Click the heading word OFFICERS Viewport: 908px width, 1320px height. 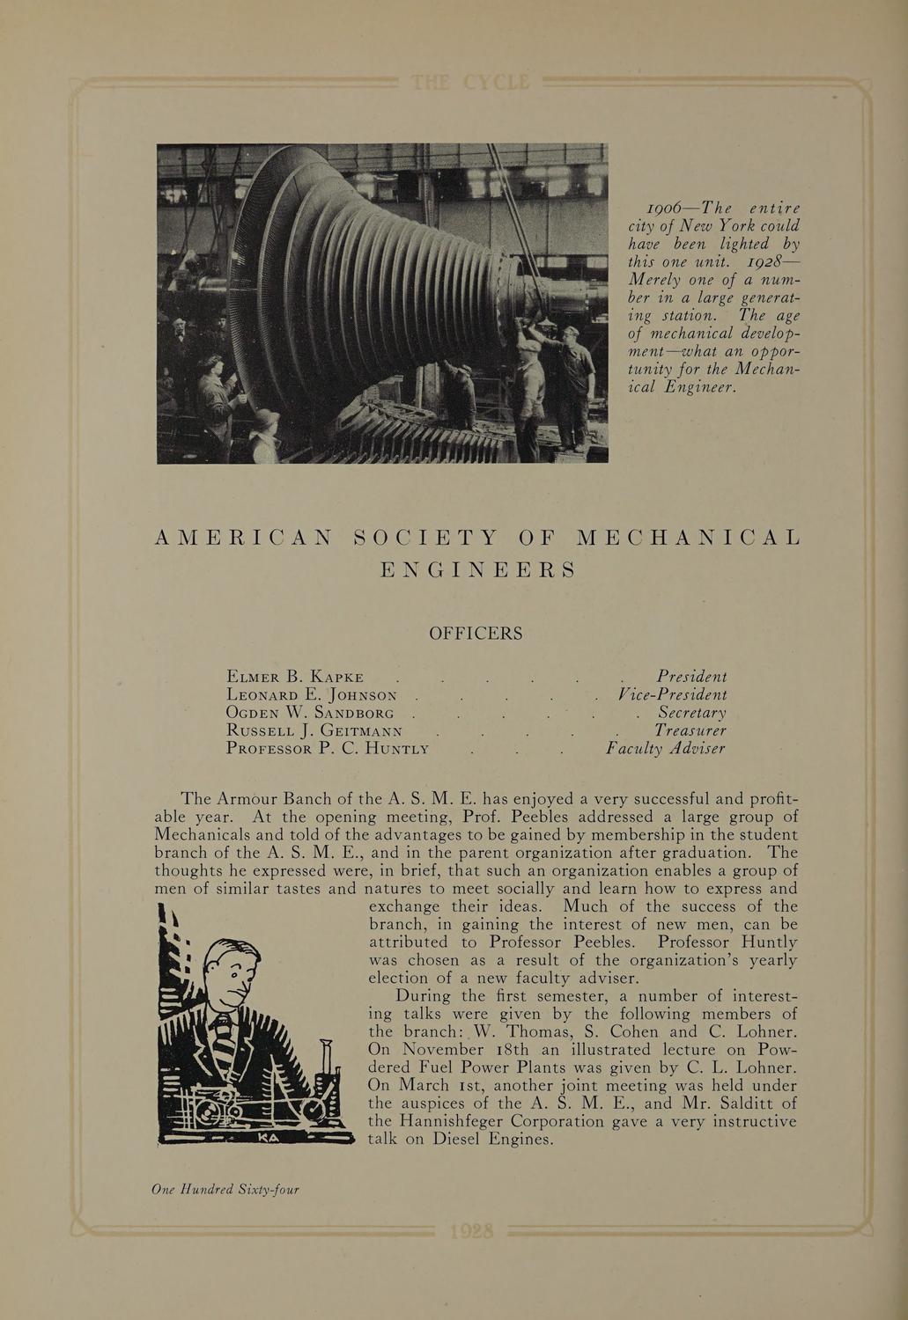pos(475,634)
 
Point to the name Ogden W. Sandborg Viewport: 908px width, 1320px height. pos(309,713)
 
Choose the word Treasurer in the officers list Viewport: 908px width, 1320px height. pos(690,730)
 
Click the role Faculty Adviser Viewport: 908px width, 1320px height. pos(666,749)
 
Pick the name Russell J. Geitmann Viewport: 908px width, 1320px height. pos(314,730)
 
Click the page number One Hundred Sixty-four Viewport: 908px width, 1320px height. pos(225,1190)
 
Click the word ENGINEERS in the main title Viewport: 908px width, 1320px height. pos(476,569)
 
